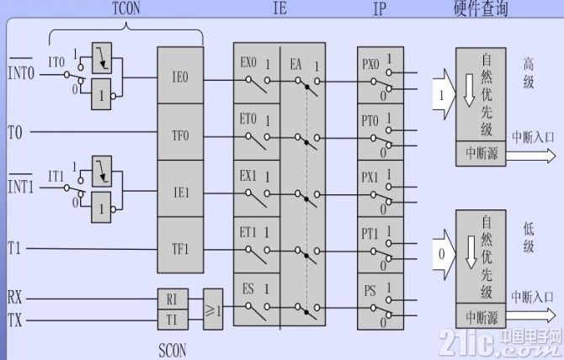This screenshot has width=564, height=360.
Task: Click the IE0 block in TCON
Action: point(180,76)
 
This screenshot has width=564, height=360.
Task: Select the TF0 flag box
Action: point(180,132)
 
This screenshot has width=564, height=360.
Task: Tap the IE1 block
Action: point(180,188)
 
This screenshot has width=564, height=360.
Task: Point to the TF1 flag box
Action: point(180,245)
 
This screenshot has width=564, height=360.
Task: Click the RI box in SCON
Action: point(173,299)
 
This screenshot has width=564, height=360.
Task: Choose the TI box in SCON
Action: point(173,320)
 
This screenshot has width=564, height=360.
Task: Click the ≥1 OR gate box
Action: point(213,310)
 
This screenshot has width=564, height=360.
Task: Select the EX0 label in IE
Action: point(248,63)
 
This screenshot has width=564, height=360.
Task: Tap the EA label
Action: point(295,65)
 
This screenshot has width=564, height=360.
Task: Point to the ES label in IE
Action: point(247,289)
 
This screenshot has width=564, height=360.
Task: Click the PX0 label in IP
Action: point(370,65)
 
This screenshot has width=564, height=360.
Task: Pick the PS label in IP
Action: point(370,291)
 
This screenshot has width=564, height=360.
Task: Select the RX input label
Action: point(14,298)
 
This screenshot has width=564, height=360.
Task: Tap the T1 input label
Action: point(14,248)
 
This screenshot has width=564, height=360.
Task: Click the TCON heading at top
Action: point(126,8)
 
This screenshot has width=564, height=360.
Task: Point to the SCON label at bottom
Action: point(173,350)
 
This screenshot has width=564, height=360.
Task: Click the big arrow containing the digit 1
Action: point(444,94)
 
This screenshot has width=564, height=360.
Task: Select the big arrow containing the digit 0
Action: point(444,254)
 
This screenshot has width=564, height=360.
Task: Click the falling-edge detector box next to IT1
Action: point(102,172)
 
